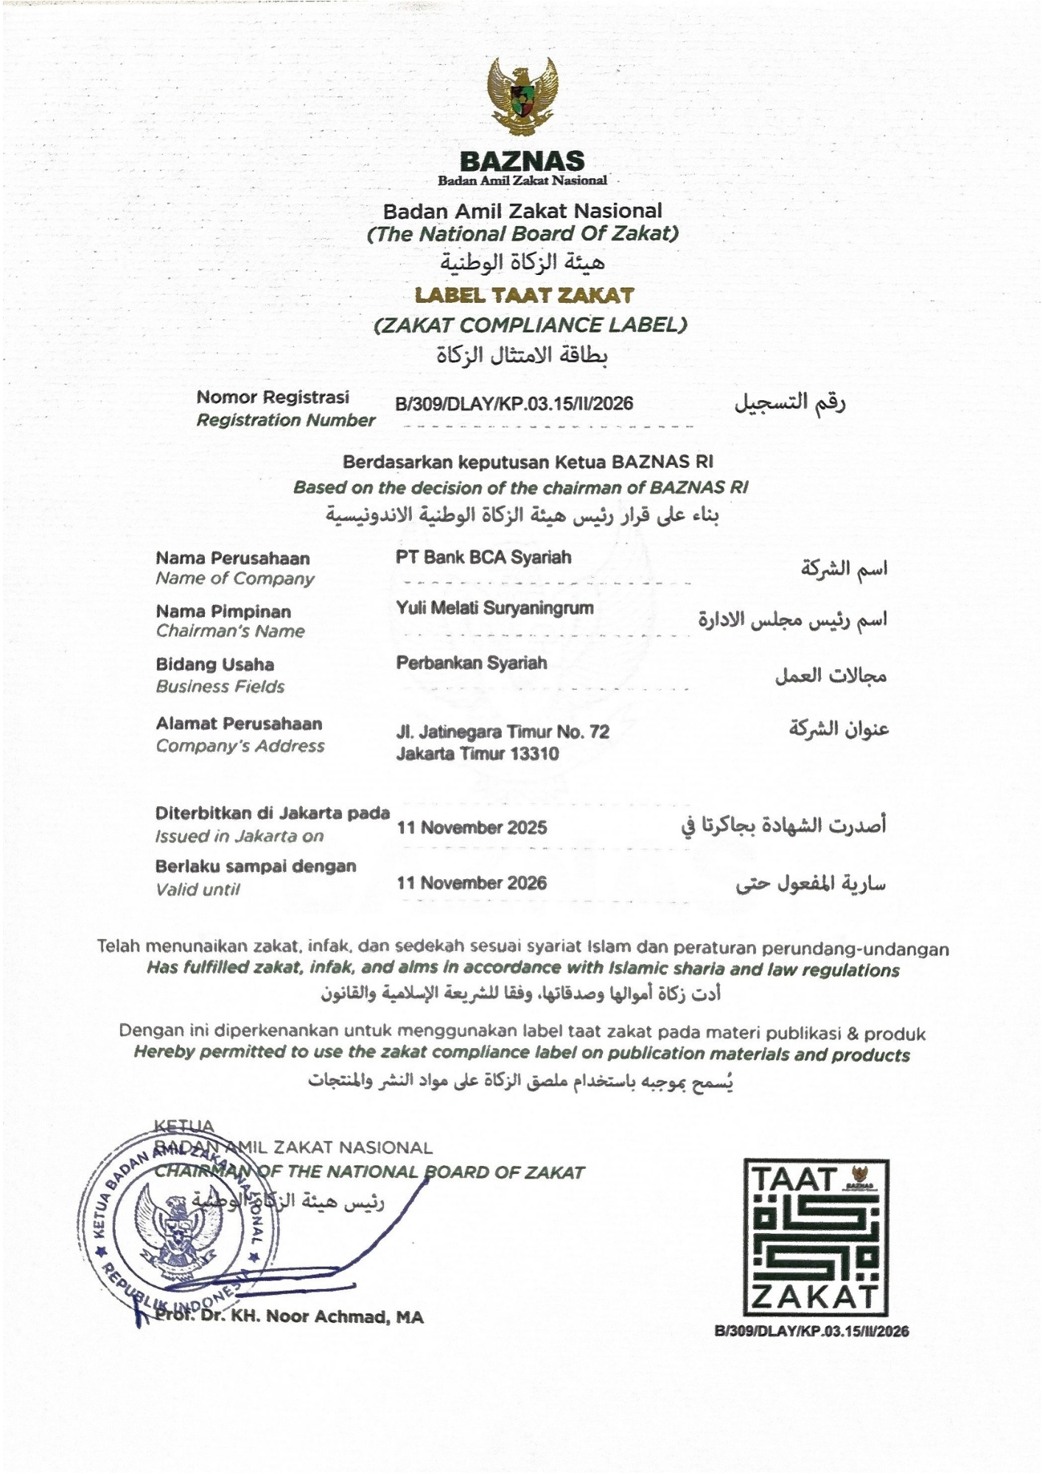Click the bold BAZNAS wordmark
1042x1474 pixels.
coord(522,161)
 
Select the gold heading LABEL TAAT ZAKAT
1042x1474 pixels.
coord(524,296)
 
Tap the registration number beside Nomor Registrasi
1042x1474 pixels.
coord(514,403)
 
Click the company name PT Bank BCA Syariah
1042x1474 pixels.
coord(483,557)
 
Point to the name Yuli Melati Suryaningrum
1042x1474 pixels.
coord(494,608)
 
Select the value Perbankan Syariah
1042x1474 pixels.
coord(472,663)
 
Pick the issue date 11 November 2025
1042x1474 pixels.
coord(472,827)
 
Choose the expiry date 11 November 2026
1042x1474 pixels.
coord(472,882)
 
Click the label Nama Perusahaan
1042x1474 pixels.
coord(232,558)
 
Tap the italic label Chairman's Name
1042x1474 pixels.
coord(230,631)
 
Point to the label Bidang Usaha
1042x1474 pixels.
coord(214,664)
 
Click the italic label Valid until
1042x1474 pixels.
coord(197,889)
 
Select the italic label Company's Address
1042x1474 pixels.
coord(239,746)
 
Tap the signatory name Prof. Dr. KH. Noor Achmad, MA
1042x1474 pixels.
coord(290,1316)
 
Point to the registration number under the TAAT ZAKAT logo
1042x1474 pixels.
coord(811,1331)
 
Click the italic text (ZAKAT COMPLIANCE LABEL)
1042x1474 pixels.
coord(530,325)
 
